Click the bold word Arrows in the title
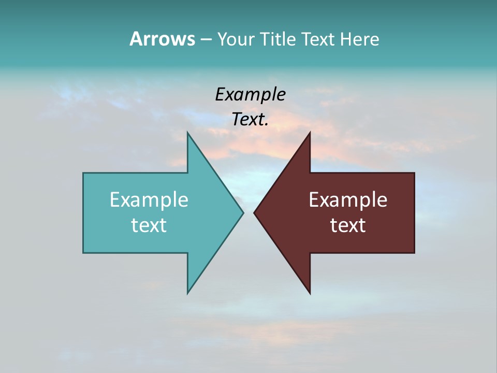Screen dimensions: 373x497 pyautogui.click(x=162, y=39)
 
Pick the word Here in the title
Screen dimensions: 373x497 pyautogui.click(x=360, y=39)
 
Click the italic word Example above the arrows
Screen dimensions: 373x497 pyautogui.click(x=250, y=95)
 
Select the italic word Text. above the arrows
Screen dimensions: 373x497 pyautogui.click(x=250, y=120)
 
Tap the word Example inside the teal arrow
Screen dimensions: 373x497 pyautogui.click(x=149, y=200)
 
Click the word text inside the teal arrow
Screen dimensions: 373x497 pyautogui.click(x=149, y=225)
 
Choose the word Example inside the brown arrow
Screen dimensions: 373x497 pyautogui.click(x=348, y=200)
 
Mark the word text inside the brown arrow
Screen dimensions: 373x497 pyautogui.click(x=348, y=225)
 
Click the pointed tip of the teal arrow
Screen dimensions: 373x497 pyautogui.click(x=243, y=212)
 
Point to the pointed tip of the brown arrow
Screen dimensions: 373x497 pyautogui.click(x=254, y=212)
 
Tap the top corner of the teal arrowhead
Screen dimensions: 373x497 pyautogui.click(x=187, y=133)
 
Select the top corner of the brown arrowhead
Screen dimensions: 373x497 pyautogui.click(x=310, y=133)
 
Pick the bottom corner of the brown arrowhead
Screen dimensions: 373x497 pyautogui.click(x=310, y=293)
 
